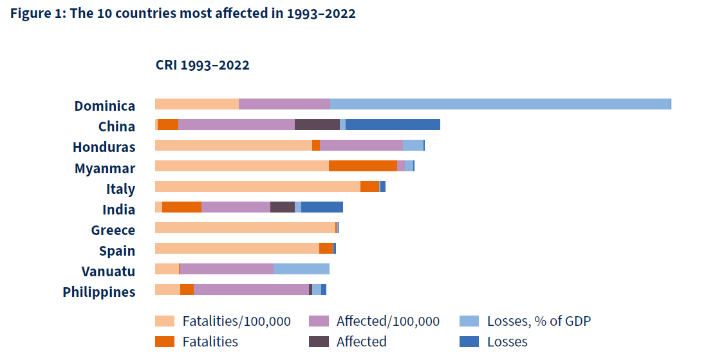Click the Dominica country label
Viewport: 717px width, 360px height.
[x=104, y=106]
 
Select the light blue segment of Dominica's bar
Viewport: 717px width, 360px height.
[x=500, y=104]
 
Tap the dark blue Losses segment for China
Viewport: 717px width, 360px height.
[x=393, y=125]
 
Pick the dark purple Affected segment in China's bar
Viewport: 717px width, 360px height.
[x=317, y=125]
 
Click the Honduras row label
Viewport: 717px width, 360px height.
[x=104, y=147]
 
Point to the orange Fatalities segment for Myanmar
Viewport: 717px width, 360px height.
[x=362, y=166]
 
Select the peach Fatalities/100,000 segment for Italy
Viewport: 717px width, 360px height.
[x=257, y=187]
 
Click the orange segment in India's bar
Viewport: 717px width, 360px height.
[x=182, y=207]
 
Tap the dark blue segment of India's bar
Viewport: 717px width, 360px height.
[x=322, y=207]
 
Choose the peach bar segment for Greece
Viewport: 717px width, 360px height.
[x=245, y=228]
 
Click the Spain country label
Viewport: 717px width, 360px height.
[x=116, y=251]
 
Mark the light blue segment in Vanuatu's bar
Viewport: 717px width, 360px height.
[x=301, y=269]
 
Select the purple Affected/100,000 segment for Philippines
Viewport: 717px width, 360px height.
[x=251, y=290]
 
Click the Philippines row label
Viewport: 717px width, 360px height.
[x=99, y=292]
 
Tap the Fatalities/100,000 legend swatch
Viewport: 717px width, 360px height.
[x=165, y=321]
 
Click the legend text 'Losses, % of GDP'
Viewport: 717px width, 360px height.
[x=539, y=321]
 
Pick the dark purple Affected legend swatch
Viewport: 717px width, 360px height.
[x=319, y=342]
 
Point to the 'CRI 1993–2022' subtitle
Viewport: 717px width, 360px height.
[x=202, y=65]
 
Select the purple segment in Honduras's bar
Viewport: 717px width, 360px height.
[x=361, y=146]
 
